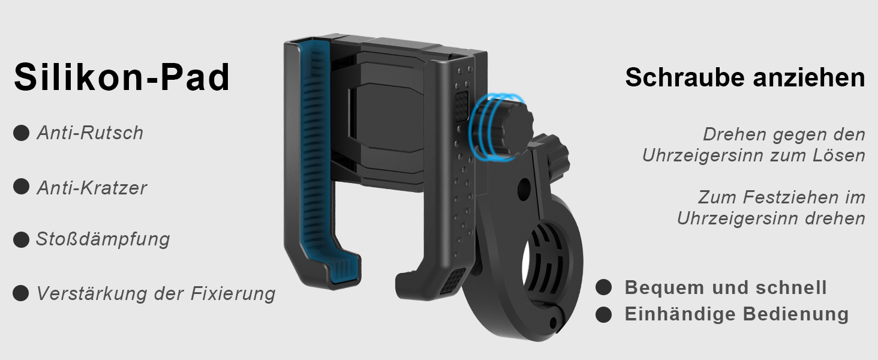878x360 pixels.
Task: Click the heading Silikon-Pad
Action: (x=122, y=77)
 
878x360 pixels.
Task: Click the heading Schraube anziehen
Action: (x=745, y=77)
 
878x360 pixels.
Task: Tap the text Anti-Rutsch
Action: (x=90, y=133)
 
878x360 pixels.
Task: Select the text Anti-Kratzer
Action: (x=92, y=187)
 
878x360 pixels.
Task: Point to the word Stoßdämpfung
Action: (x=103, y=239)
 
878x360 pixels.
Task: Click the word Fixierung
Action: (x=233, y=293)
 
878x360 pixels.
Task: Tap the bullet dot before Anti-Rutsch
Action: (x=21, y=133)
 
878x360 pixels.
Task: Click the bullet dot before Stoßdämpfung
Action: (x=21, y=239)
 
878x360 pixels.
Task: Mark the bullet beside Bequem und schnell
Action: (x=603, y=287)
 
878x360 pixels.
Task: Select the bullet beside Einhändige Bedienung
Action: (x=603, y=314)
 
